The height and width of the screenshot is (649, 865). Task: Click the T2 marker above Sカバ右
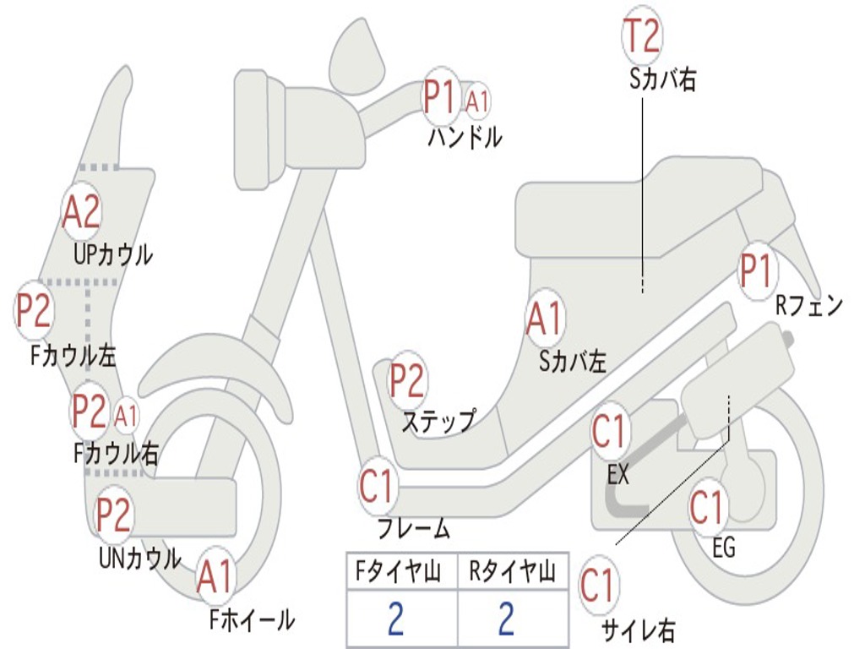tap(641, 35)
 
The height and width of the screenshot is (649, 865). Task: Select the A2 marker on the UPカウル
tap(82, 212)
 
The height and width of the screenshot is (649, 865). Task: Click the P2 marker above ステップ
tap(407, 381)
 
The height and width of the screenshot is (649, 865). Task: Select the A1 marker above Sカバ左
tap(544, 319)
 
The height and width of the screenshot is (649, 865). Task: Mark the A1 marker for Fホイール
tap(215, 578)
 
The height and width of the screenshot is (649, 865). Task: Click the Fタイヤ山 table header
tap(400, 573)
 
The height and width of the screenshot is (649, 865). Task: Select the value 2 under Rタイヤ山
tap(505, 619)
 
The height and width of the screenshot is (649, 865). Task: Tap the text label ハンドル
tap(464, 137)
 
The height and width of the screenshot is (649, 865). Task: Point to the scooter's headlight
tap(252, 128)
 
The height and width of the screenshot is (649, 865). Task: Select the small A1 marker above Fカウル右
tap(127, 415)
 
